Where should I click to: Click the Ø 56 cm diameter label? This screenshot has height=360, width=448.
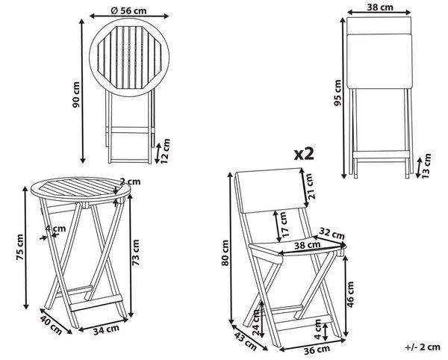(128, 10)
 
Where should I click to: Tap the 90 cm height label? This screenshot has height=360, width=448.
(76, 95)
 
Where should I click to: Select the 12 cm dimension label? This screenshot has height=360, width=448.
(165, 151)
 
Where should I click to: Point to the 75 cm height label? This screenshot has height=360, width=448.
(20, 247)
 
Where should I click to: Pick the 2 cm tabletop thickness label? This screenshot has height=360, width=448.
(130, 181)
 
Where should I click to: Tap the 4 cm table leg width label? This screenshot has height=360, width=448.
(55, 229)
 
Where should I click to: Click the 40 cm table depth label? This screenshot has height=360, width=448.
(51, 325)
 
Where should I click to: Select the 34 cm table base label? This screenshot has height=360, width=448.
(106, 329)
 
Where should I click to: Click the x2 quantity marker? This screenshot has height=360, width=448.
(304, 154)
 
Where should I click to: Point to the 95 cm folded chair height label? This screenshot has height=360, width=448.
(337, 93)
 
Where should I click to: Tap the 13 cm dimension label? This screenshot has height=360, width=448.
(426, 166)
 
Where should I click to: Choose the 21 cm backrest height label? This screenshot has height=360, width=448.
(311, 186)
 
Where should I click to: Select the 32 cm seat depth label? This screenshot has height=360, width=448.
(332, 233)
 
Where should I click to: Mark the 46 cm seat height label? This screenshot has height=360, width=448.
(350, 294)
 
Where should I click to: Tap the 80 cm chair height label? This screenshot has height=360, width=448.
(225, 253)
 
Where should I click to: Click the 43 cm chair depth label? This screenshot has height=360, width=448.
(246, 341)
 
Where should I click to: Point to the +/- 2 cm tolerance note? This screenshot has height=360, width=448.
(423, 347)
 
